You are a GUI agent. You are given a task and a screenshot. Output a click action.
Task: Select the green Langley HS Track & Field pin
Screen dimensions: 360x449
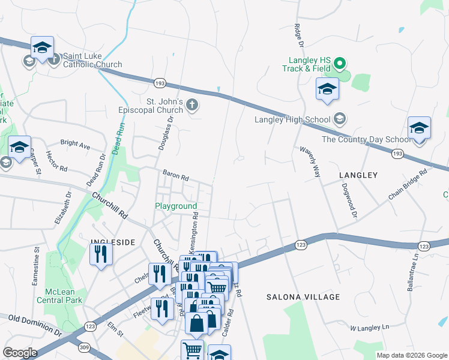pos(339,62)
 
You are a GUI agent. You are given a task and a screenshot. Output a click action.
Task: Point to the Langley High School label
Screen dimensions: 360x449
pos(292,119)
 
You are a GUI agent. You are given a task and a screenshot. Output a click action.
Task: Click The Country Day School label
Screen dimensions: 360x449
pos(366,139)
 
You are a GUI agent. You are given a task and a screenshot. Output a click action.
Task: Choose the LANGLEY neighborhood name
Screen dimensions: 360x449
pos(358,175)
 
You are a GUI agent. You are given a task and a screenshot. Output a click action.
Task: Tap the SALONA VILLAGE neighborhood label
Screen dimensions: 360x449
pos(301,297)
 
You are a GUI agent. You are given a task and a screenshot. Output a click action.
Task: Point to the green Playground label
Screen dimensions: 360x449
pos(176,206)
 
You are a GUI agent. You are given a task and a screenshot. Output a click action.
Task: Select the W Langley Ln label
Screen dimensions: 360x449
pos(370,328)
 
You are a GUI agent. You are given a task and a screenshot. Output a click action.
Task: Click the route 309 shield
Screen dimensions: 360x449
pos(83,347)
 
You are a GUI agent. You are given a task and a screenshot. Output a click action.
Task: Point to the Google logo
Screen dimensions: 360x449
pos(20,353)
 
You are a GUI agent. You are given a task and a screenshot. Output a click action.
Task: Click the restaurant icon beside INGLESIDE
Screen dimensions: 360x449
pos(101,254)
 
